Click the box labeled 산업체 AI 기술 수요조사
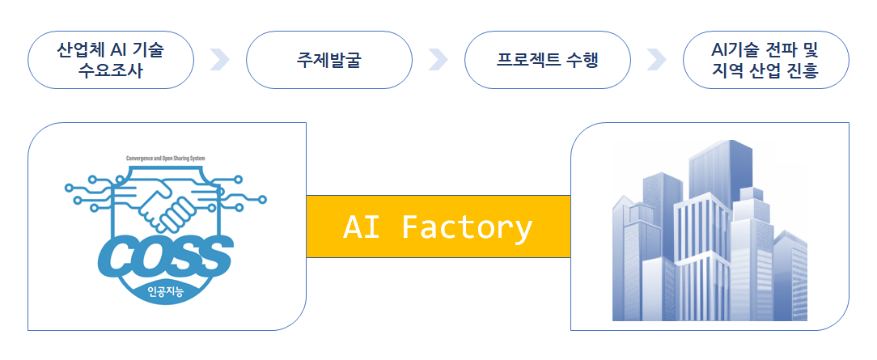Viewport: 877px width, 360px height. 111,60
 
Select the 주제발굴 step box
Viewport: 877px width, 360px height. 329,60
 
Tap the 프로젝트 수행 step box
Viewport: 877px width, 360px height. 548,60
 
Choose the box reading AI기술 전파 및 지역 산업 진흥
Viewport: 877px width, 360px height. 765,60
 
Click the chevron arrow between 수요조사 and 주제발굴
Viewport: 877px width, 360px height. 219,60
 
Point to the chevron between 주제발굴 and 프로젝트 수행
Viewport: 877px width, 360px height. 438,60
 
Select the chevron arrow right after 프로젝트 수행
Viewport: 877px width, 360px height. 656,60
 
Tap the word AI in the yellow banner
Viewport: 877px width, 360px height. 361,227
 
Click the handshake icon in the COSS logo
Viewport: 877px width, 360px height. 167,202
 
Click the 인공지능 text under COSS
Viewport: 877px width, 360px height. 166,292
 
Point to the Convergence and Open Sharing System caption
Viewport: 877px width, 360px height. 166,159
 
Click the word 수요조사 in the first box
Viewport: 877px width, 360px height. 111,70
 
